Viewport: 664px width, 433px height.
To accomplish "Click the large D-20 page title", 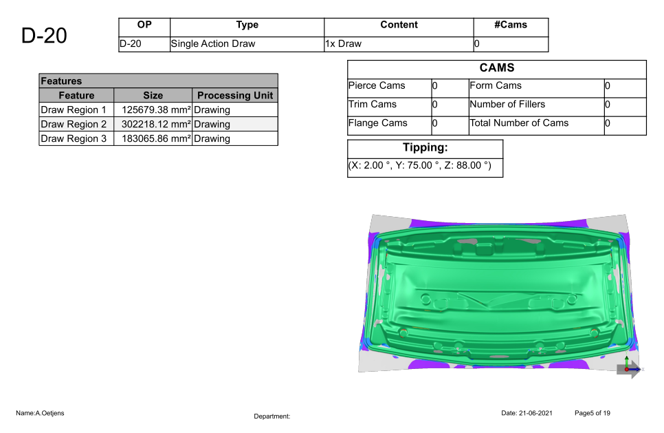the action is [44, 36].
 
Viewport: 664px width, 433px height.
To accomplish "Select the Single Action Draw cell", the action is [213, 43].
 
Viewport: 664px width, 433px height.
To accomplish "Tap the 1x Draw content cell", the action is [344, 43].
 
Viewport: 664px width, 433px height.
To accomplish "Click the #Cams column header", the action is [511, 25].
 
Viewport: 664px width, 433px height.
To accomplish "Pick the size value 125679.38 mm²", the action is [156, 110].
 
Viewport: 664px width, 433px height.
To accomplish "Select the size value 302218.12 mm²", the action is [156, 125].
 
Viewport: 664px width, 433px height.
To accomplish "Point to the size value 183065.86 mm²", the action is [156, 138].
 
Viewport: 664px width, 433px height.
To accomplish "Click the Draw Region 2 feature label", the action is [74, 125].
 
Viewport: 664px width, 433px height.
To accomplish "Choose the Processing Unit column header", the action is [235, 96].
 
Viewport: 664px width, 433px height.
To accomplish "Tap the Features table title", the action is [61, 81].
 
